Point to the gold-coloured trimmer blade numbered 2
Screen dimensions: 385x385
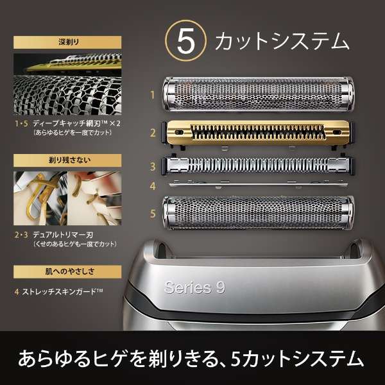(x=258, y=133)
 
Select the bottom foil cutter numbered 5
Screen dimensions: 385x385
(x=258, y=213)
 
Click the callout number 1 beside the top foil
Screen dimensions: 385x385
(x=152, y=96)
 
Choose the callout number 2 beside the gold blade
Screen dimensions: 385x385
(x=152, y=133)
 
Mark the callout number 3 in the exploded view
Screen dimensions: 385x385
(x=152, y=167)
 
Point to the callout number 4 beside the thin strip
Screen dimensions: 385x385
(x=152, y=187)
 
